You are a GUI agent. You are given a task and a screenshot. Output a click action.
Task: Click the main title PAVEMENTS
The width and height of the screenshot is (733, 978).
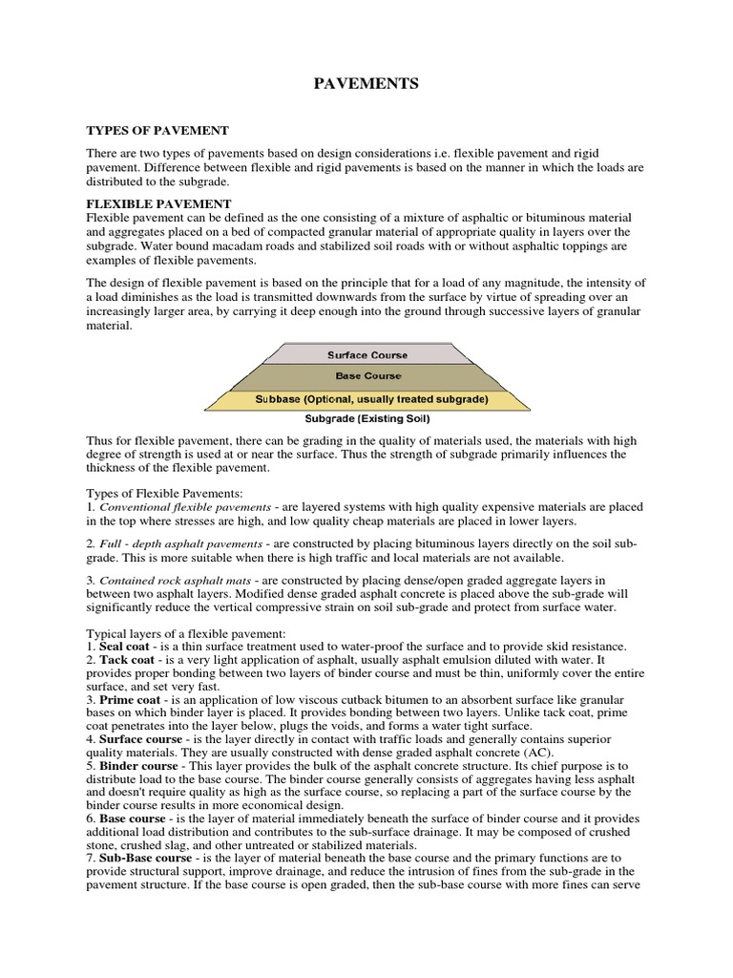366,85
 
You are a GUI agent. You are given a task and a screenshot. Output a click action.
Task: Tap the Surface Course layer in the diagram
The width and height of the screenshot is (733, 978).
366,355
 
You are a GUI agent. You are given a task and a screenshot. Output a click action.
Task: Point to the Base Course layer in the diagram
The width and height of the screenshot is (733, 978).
366,376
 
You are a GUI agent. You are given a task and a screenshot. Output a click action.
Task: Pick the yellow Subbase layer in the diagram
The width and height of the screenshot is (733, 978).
366,399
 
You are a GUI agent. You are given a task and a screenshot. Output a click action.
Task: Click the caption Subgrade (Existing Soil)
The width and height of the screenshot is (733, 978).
366,419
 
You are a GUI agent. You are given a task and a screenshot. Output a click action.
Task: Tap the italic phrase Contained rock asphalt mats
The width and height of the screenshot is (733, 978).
178,581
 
